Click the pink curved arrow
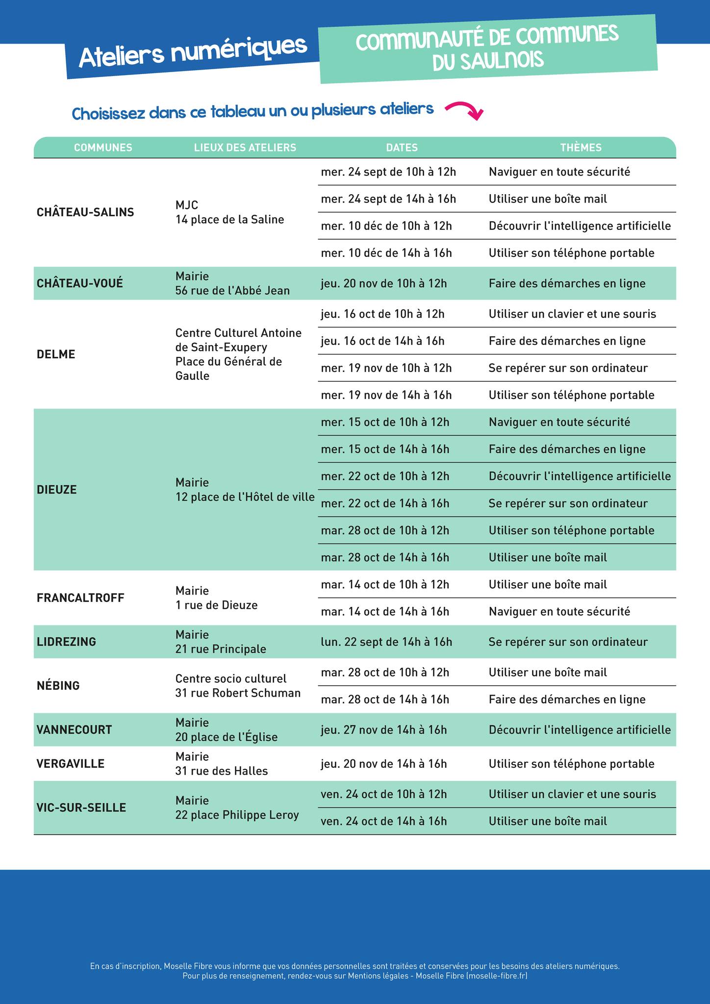tap(465, 110)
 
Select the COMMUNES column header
tap(103, 148)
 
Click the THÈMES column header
tap(581, 148)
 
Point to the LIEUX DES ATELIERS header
tap(245, 148)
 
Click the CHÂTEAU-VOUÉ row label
tap(80, 283)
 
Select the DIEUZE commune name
tap(57, 490)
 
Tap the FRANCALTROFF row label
tap(80, 598)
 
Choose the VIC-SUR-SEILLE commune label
tap(81, 807)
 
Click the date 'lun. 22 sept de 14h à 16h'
tap(386, 642)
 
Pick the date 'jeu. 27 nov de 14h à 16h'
tap(384, 730)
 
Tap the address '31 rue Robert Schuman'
tap(238, 693)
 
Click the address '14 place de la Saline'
tap(230, 220)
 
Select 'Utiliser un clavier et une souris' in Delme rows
tap(572, 314)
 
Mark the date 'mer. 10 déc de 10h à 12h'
tap(386, 226)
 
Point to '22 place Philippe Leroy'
tap(237, 815)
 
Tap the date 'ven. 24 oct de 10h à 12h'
tap(384, 794)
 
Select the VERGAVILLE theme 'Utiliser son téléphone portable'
tap(571, 764)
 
